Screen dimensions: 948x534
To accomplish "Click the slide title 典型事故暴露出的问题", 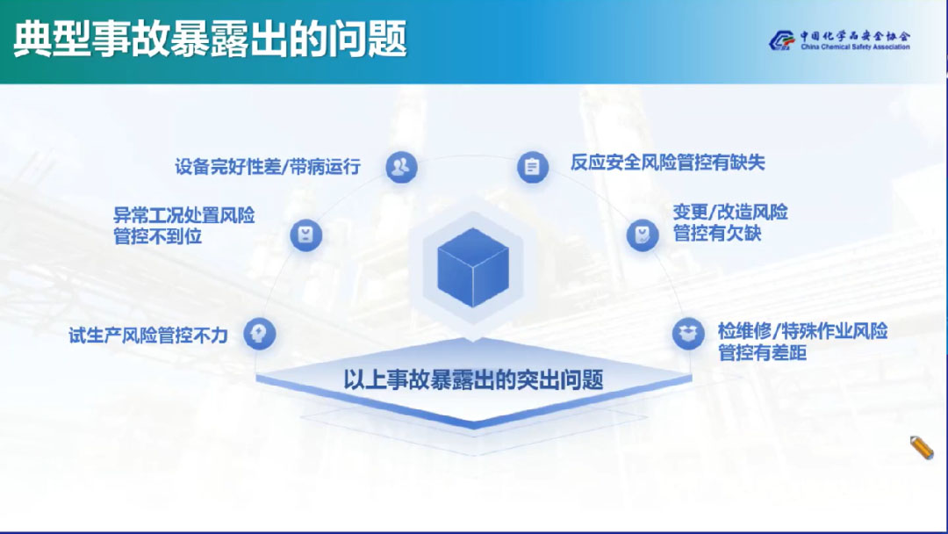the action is (x=210, y=39).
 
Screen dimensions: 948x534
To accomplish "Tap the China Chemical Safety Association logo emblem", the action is (x=781, y=40).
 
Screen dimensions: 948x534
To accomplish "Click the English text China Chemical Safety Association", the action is (x=855, y=47).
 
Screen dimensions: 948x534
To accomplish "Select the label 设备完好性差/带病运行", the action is (x=268, y=166).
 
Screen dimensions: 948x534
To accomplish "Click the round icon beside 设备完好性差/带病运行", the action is (x=401, y=167).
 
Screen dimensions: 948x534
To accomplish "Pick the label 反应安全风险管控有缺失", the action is (x=667, y=162).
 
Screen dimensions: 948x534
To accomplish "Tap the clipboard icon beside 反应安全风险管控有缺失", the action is (x=533, y=167).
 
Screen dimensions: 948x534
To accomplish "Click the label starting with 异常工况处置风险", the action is (x=184, y=226).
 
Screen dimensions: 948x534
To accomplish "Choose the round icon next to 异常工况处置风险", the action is (x=306, y=235).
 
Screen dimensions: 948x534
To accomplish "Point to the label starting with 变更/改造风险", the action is (x=730, y=222).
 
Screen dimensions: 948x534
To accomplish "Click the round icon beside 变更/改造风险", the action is (x=642, y=235).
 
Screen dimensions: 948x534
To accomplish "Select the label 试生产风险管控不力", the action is (x=148, y=335).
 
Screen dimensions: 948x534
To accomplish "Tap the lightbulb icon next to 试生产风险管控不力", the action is (x=259, y=334).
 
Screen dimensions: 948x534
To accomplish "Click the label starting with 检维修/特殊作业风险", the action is (x=802, y=341).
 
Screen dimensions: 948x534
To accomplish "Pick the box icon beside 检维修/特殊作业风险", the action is (x=688, y=334).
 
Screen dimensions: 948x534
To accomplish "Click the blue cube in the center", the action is (x=473, y=267).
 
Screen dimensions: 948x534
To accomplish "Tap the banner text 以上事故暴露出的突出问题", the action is (x=473, y=379).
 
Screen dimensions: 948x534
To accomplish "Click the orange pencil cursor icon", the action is (x=922, y=448).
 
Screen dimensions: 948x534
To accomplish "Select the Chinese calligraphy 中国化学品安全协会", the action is (x=855, y=36).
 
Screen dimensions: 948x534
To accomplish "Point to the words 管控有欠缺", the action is (x=717, y=233).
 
